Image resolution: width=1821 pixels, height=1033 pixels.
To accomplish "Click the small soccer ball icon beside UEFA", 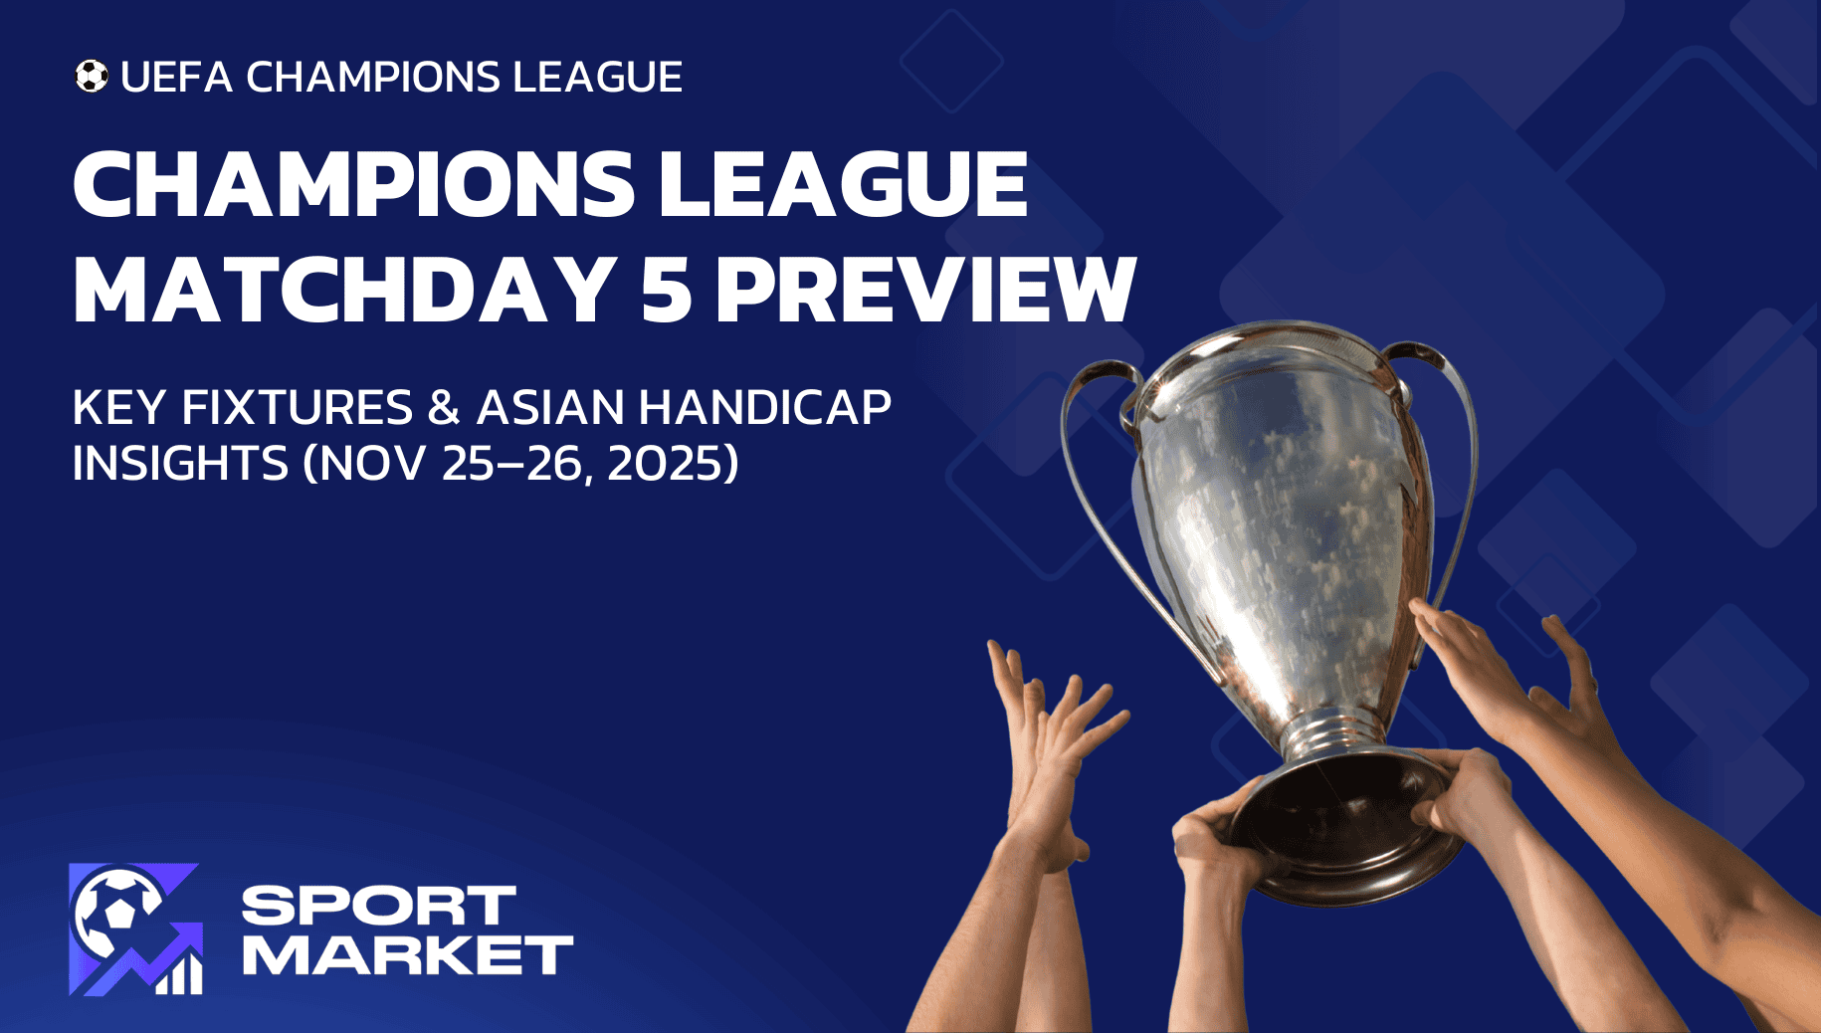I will click(x=92, y=77).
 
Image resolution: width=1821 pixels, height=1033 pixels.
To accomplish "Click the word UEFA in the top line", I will click(x=176, y=78).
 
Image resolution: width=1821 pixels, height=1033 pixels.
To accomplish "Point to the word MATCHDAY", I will click(x=344, y=290).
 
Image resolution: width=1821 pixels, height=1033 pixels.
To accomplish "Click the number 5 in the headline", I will click(x=666, y=290).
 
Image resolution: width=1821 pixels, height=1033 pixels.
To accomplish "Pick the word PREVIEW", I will click(x=925, y=290).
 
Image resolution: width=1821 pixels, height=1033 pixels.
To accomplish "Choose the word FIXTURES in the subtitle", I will click(x=297, y=408).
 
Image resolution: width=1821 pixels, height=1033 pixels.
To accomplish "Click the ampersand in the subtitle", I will click(x=444, y=408).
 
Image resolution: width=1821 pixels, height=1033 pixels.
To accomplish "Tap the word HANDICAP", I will click(x=764, y=408).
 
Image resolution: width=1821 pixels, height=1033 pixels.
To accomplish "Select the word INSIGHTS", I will click(x=180, y=464).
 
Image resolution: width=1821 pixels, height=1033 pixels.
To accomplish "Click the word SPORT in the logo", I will click(x=378, y=906).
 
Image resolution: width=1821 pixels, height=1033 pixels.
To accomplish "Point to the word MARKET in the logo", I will click(x=408, y=955).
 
